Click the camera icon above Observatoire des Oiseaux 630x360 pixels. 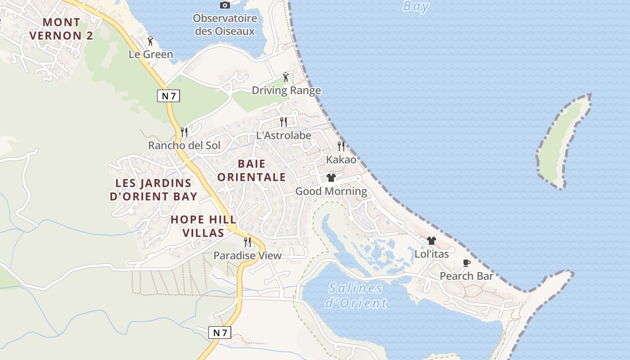click(x=225, y=5)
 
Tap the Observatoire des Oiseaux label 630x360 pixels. click(x=225, y=25)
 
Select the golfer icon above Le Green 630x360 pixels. click(x=150, y=41)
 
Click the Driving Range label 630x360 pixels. click(x=286, y=90)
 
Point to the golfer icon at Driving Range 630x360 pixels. click(x=286, y=77)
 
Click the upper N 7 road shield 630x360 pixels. click(x=168, y=95)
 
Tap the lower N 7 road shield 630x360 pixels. click(x=220, y=333)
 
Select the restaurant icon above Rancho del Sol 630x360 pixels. click(x=184, y=132)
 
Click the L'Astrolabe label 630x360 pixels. click(x=283, y=135)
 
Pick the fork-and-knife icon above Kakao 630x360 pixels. click(x=341, y=146)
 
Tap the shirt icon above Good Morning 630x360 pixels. click(x=331, y=178)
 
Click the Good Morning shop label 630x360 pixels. click(x=331, y=191)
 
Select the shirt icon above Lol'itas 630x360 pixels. click(x=432, y=241)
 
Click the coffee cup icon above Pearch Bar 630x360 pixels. click(x=467, y=263)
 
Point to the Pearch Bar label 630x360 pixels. click(x=467, y=276)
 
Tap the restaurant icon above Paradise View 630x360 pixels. click(x=247, y=242)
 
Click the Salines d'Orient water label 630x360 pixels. click(x=356, y=295)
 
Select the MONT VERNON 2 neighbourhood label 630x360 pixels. click(x=62, y=29)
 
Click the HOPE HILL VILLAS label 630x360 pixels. click(x=203, y=226)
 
